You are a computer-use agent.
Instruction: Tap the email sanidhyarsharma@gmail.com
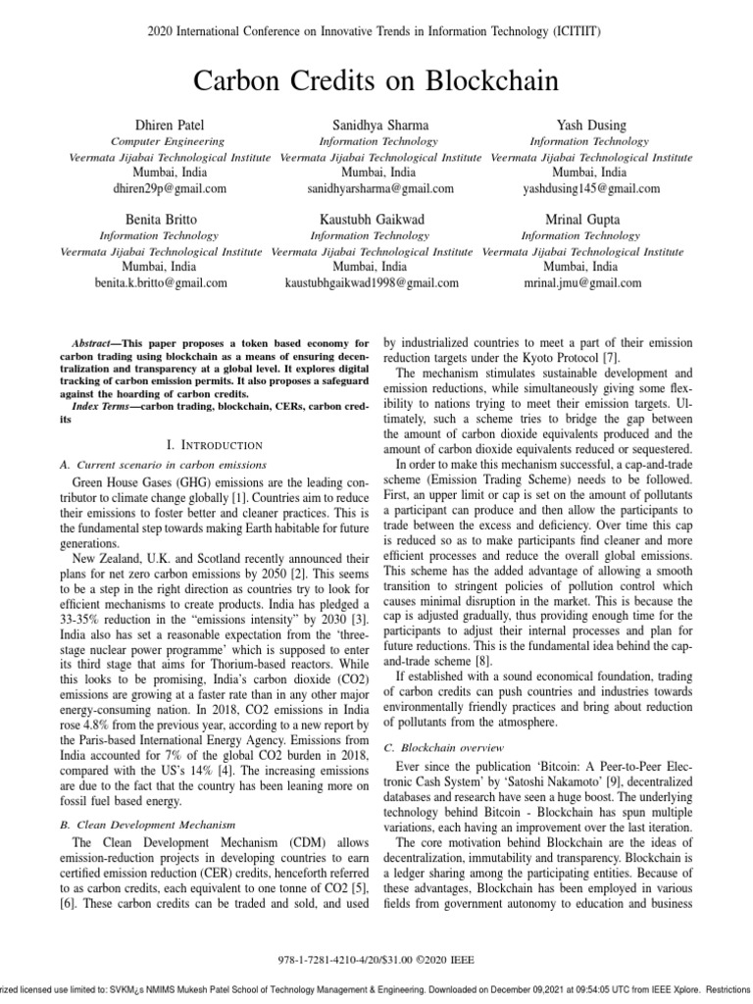pos(380,188)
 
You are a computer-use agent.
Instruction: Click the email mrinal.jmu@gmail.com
pos(582,282)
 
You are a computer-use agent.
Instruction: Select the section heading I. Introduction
pos(216,444)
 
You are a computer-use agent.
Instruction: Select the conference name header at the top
pos(376,32)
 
